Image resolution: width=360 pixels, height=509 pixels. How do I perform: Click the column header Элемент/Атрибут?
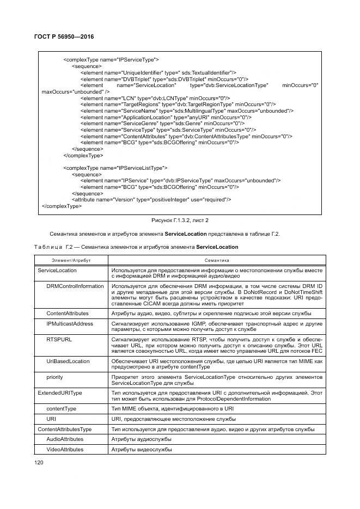[x=71, y=261]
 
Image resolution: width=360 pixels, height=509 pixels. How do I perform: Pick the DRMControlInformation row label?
[x=75, y=286]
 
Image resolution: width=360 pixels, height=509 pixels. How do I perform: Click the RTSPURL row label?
[x=58, y=338]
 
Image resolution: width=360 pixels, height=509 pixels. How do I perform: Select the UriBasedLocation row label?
[x=69, y=361]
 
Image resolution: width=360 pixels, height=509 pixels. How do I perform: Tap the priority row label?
[x=54, y=376]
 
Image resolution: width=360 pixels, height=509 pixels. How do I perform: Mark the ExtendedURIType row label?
[x=59, y=392]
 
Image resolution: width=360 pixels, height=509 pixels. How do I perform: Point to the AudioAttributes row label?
[x=65, y=438]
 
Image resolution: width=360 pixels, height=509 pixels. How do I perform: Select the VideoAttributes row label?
[x=65, y=450]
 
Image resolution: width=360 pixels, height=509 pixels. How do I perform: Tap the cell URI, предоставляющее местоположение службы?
[x=173, y=419]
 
